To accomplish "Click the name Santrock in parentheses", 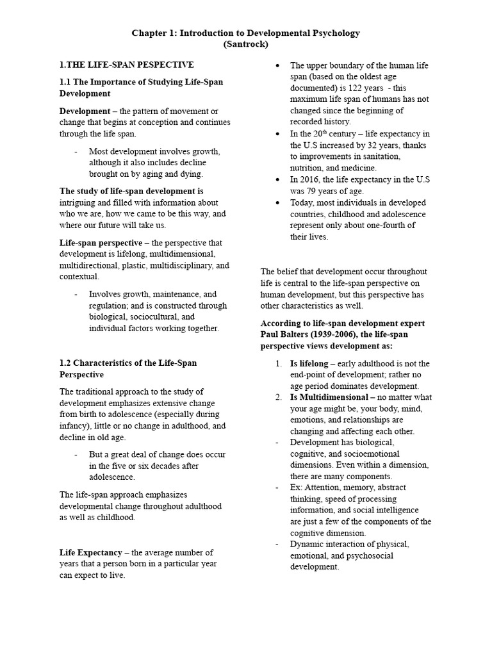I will click(x=246, y=44).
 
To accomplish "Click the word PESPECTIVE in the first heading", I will click(x=165, y=65).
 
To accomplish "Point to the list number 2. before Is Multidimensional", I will click(x=279, y=397).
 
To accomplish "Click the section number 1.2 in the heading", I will click(x=67, y=363).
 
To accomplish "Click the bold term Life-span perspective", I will click(x=101, y=243).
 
